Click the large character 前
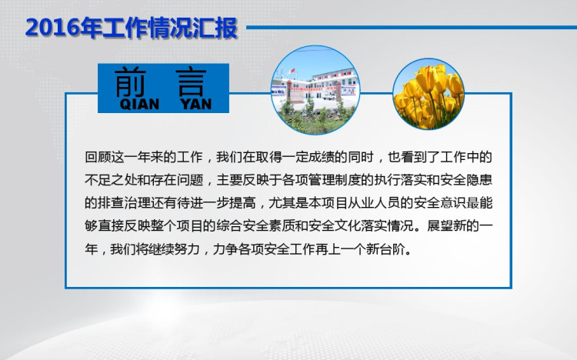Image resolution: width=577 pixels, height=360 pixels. coord(130,82)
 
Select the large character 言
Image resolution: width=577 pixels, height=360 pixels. coord(191,82)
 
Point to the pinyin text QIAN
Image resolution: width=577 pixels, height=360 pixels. coord(139,104)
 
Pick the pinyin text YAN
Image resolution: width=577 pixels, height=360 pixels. coord(196,104)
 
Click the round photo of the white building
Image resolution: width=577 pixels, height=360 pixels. coord(315,90)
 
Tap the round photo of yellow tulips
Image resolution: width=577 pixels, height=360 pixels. coord(429,94)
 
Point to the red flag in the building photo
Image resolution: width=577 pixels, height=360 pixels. coord(292,71)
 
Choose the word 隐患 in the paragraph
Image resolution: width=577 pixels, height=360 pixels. coord(479,180)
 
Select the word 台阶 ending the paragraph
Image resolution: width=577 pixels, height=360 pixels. coord(392,249)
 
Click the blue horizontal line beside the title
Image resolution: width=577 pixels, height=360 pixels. coord(412,27)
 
